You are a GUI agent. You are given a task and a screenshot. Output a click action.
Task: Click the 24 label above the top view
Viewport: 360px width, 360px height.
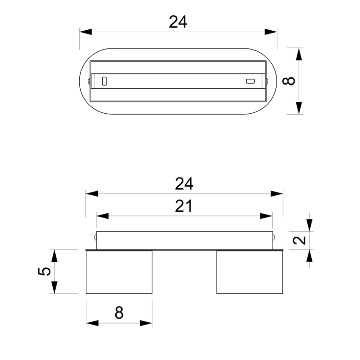click(178, 22)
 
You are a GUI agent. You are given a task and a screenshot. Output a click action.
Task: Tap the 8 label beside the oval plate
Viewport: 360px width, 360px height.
click(288, 81)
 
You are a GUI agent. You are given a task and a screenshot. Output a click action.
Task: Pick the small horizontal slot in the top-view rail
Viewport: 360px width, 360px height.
click(250, 81)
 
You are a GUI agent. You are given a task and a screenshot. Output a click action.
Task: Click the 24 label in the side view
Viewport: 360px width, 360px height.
click(184, 183)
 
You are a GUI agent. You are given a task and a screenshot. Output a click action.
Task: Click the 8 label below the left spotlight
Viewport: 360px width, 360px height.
click(119, 313)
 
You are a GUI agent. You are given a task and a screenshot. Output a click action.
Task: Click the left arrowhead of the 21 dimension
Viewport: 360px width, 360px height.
click(102, 216)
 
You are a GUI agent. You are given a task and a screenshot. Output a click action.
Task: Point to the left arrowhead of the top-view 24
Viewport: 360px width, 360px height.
click(85, 32)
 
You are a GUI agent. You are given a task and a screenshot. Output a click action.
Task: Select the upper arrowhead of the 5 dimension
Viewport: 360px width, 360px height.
click(54, 256)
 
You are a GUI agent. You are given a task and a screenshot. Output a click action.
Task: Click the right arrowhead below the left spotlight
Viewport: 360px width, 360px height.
click(146, 323)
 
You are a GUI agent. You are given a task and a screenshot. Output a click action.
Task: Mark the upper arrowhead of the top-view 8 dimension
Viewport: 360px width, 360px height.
click(299, 54)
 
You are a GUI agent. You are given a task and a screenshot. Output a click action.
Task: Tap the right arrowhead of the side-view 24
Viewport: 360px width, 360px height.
click(277, 193)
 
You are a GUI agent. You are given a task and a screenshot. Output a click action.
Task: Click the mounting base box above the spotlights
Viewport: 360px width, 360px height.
click(184, 240)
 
